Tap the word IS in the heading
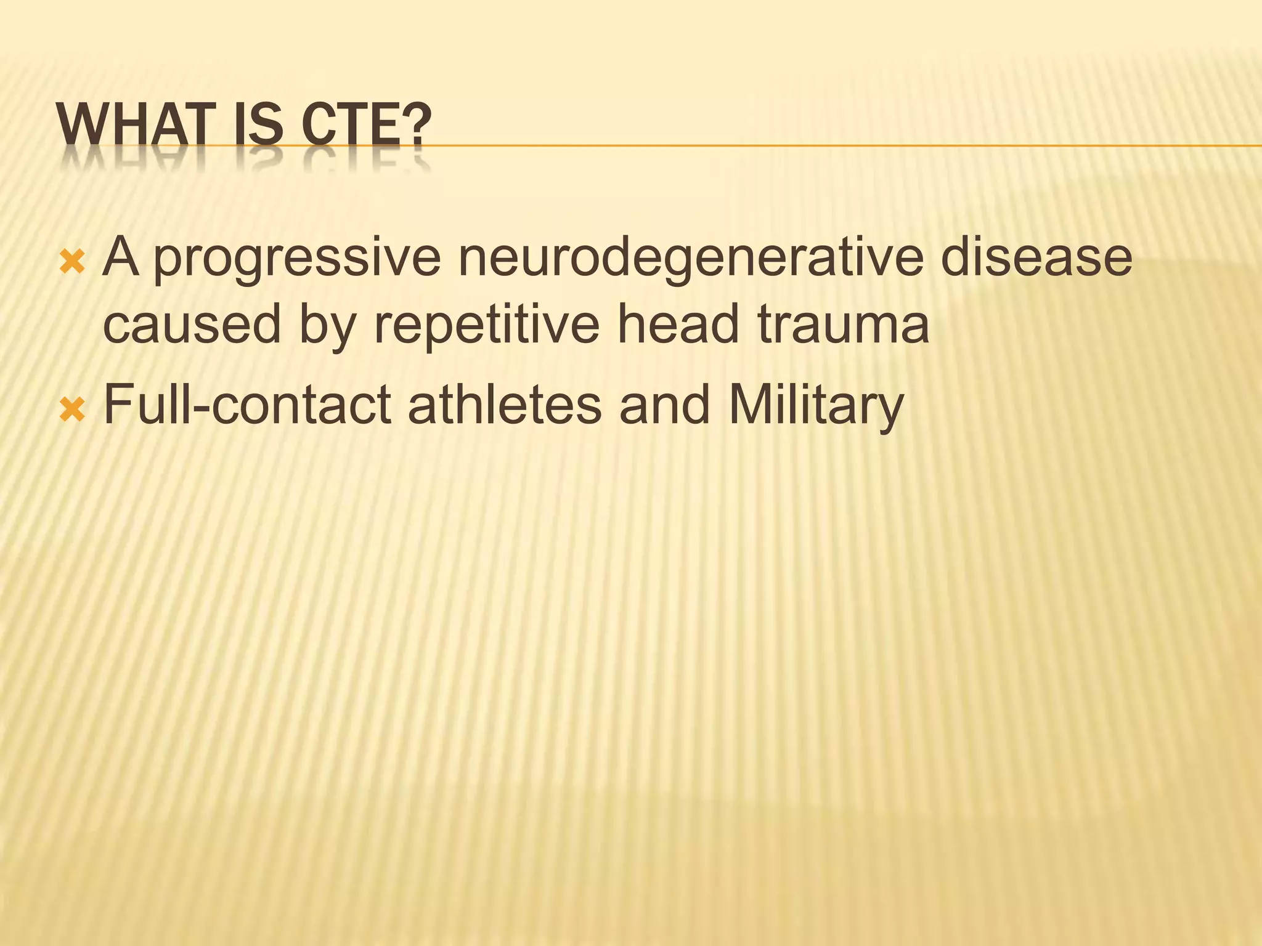click(252, 125)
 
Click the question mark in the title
click(417, 125)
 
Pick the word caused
click(191, 325)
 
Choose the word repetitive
click(486, 325)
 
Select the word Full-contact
click(247, 405)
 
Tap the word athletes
click(505, 405)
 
